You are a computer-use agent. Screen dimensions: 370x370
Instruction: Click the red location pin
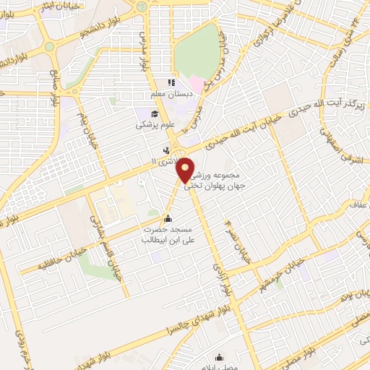coord(186,170)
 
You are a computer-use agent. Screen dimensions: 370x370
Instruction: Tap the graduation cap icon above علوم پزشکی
coord(155,113)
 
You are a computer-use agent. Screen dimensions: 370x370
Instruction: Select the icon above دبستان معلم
coord(171,82)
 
